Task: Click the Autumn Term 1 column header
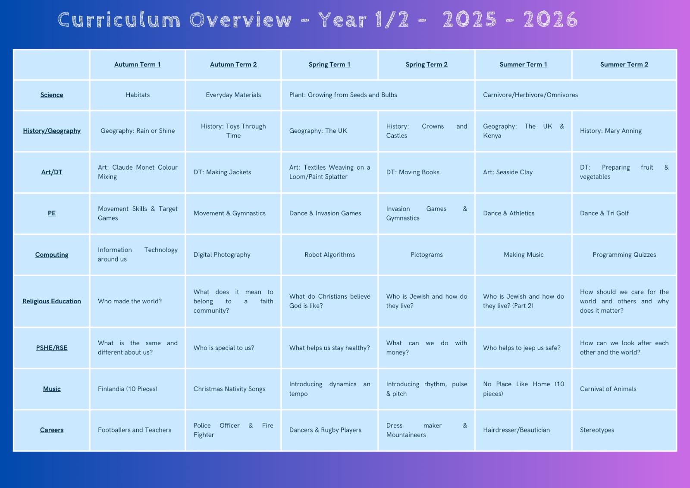pos(138,64)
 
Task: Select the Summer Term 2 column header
pos(624,64)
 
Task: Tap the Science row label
pos(52,95)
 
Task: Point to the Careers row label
pos(52,430)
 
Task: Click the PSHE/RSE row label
pos(52,348)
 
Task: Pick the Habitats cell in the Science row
pos(138,95)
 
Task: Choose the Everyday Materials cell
pos(233,95)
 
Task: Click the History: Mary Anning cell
pos(611,131)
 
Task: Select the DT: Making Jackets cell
pos(222,172)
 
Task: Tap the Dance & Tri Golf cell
pos(604,213)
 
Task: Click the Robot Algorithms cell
pos(329,255)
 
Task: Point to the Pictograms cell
pos(427,255)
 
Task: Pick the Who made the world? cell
pos(130,301)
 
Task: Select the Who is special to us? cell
pos(224,348)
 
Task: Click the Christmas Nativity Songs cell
pos(229,389)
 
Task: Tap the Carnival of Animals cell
pos(608,389)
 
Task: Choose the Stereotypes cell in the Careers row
pos(597,430)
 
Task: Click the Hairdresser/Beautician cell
pos(516,430)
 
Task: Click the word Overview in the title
pos(240,20)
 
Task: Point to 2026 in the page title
pos(550,19)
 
